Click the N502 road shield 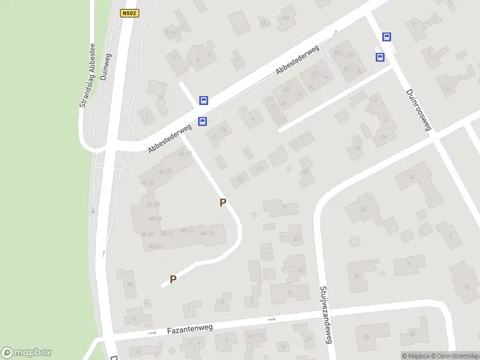(x=130, y=13)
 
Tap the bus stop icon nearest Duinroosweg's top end (x=387, y=37)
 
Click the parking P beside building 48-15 (x=223, y=203)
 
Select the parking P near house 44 (x=173, y=279)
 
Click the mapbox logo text (x=26, y=353)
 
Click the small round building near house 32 (x=355, y=241)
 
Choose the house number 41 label (x=290, y=293)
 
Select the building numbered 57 (x=358, y=147)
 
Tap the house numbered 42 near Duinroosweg (x=412, y=178)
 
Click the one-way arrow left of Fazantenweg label (x=152, y=332)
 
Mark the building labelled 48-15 (x=207, y=233)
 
